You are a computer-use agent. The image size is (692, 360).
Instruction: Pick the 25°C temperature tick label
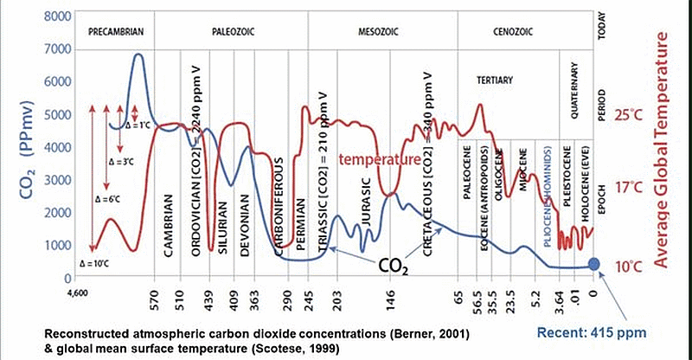(x=625, y=115)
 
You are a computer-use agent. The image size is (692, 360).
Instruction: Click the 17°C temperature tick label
(x=625, y=187)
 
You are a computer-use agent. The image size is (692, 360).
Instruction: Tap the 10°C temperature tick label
(x=625, y=265)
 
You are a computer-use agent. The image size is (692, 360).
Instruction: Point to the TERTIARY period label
(x=496, y=80)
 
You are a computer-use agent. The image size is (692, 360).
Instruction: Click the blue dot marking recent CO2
(x=593, y=265)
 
